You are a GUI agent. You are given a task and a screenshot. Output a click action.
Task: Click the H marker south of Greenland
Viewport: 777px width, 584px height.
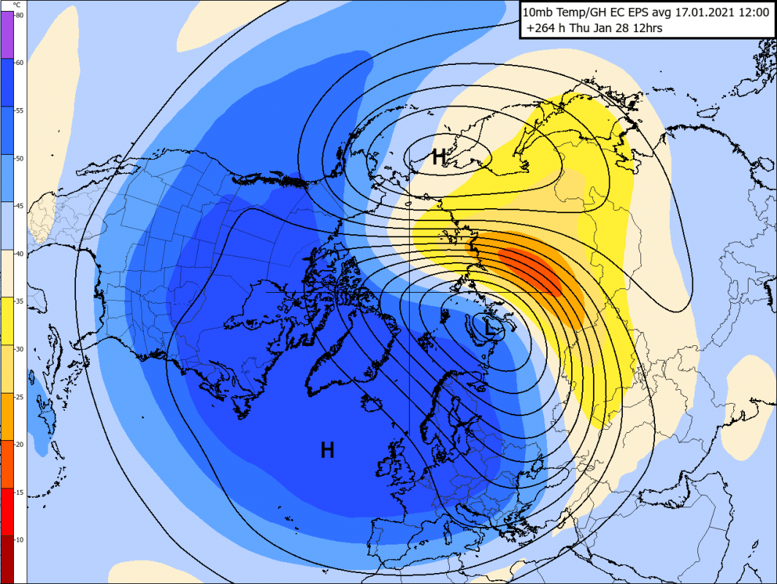click(327, 450)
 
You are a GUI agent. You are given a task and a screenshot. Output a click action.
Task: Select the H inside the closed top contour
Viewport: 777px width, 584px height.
click(439, 156)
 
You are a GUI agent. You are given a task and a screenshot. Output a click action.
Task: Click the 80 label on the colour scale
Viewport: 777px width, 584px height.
click(19, 15)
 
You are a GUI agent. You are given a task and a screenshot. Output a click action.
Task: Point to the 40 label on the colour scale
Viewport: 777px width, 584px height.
click(19, 253)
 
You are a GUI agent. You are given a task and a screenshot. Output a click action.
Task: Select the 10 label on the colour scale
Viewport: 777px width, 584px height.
click(19, 539)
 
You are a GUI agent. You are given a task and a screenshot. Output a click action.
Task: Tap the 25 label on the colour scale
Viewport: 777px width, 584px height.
click(19, 396)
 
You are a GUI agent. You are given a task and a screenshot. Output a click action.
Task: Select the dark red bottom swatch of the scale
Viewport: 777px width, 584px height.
click(7, 558)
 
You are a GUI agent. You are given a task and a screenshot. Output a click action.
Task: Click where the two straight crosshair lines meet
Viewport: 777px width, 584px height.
click(409, 292)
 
